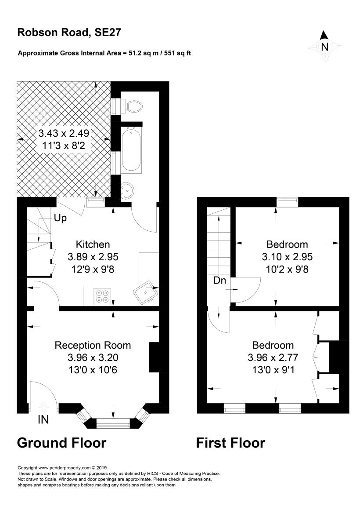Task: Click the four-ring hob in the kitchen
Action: click(102, 295)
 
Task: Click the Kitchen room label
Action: click(93, 244)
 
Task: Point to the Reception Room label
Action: click(93, 346)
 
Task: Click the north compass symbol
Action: click(325, 45)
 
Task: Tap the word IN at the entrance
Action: click(43, 420)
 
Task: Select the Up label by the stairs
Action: click(61, 218)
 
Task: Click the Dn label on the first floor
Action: click(220, 280)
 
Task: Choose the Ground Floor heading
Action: click(61, 443)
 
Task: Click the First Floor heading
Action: click(230, 443)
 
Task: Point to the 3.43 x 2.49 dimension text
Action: click(64, 133)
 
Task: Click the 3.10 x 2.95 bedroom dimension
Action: click(288, 257)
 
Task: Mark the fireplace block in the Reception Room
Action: click(154, 357)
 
